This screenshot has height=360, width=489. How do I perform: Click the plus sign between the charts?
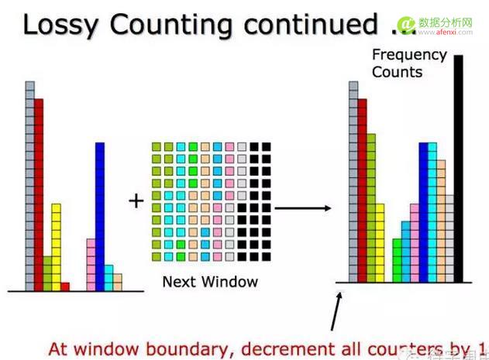pos(136,201)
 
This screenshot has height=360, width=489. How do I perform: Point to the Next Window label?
pos(210,281)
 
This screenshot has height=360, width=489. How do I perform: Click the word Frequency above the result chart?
pos(409,55)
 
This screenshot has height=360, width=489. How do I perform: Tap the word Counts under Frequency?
pos(397,72)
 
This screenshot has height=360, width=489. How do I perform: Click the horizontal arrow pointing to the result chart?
pos(303,208)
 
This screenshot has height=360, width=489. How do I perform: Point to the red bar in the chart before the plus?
pos(39,194)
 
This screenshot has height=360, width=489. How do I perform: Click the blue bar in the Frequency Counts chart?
pos(423,213)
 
